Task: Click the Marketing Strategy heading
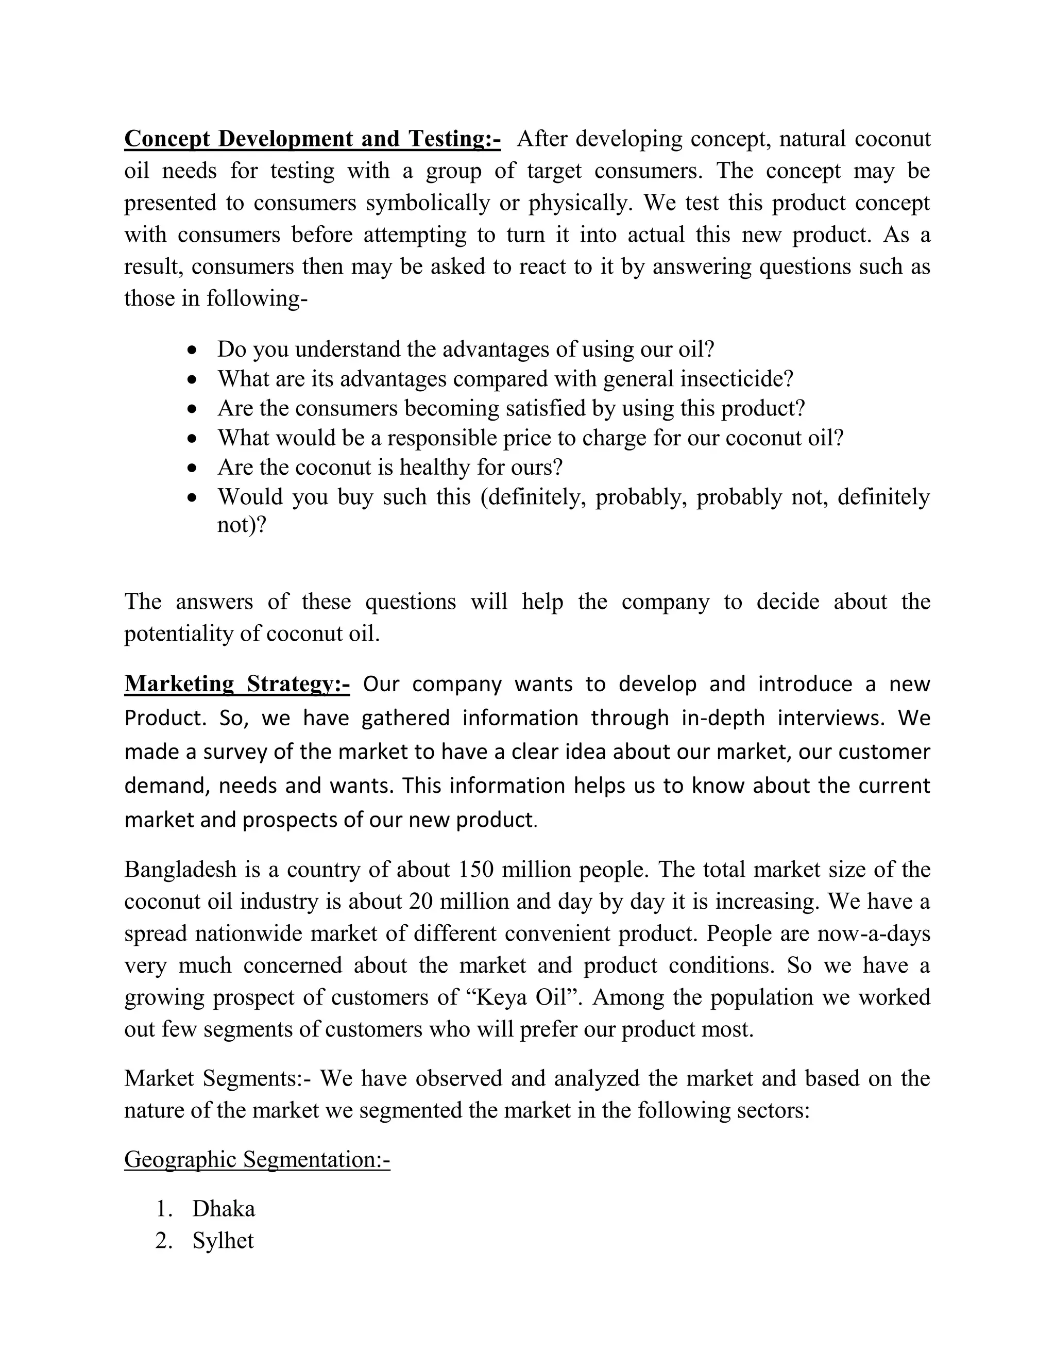pyautogui.click(x=237, y=684)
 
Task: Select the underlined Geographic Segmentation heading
pyautogui.click(x=257, y=1159)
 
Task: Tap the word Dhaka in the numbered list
pyautogui.click(x=224, y=1208)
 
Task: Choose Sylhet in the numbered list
pyautogui.click(x=223, y=1240)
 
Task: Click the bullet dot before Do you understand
pyautogui.click(x=194, y=349)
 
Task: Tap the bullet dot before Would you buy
pyautogui.click(x=194, y=497)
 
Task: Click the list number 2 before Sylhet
pyautogui.click(x=163, y=1240)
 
